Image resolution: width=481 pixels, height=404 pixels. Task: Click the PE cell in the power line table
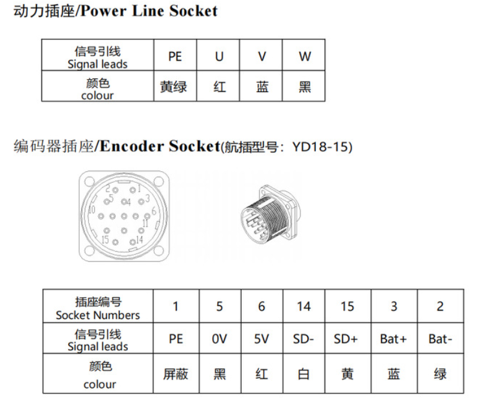click(175, 55)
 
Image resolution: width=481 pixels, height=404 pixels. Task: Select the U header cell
click(218, 55)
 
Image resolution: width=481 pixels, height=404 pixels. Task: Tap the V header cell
click(261, 55)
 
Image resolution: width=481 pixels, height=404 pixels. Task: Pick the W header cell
click(304, 55)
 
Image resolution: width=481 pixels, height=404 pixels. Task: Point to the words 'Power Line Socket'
click(149, 11)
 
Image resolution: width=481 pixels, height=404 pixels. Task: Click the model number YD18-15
click(321, 147)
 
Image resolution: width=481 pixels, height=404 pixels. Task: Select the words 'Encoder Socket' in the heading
click(160, 146)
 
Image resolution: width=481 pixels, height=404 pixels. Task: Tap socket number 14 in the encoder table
click(304, 306)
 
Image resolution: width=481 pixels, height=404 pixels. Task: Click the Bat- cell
click(440, 339)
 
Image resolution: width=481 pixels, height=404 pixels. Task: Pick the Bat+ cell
click(394, 339)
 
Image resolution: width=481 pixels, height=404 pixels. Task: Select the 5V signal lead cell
click(262, 339)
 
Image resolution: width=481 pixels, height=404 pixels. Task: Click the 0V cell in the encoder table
click(220, 339)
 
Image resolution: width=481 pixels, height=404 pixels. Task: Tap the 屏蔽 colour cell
click(176, 373)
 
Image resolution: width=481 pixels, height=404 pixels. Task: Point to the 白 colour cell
click(304, 373)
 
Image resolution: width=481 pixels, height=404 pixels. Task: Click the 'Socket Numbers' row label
click(98, 315)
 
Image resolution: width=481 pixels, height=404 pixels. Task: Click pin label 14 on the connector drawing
click(140, 240)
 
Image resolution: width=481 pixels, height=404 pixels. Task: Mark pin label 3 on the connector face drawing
click(148, 198)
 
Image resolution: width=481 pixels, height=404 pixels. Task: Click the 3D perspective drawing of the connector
click(271, 214)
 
